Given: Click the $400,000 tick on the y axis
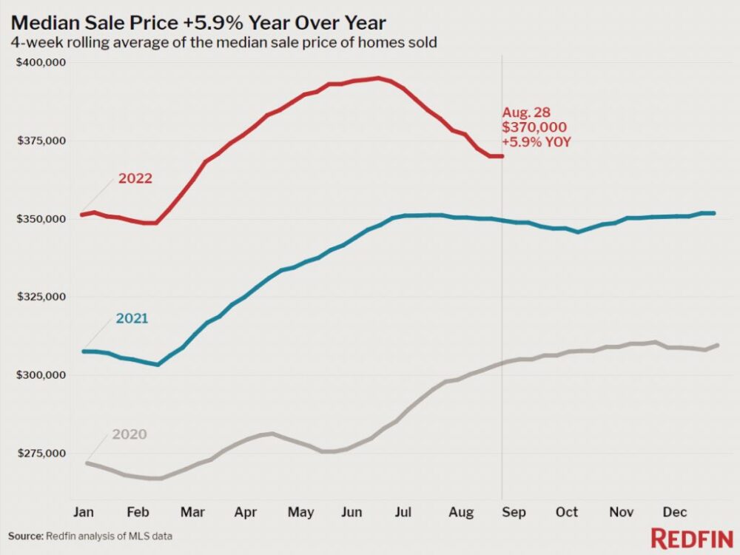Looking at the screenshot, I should coord(41,63).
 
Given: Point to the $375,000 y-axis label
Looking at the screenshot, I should coord(41,141).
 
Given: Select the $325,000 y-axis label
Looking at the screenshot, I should coord(41,297).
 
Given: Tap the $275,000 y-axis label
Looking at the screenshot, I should coord(41,453).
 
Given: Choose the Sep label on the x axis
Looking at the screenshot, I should coord(514,511).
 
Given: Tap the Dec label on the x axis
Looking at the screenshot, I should coord(674,511).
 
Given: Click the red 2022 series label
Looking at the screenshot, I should coord(135,178).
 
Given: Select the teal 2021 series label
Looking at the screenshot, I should coord(132,319).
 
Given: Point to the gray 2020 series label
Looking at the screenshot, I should coord(129,434).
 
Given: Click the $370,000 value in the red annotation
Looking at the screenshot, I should coord(531,127).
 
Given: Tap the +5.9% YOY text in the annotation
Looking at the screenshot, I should coord(536,142).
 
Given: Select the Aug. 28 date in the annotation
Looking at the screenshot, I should coord(527,112).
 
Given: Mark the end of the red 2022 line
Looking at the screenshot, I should coord(502,156).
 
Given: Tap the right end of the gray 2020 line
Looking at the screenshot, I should coord(719,345).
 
